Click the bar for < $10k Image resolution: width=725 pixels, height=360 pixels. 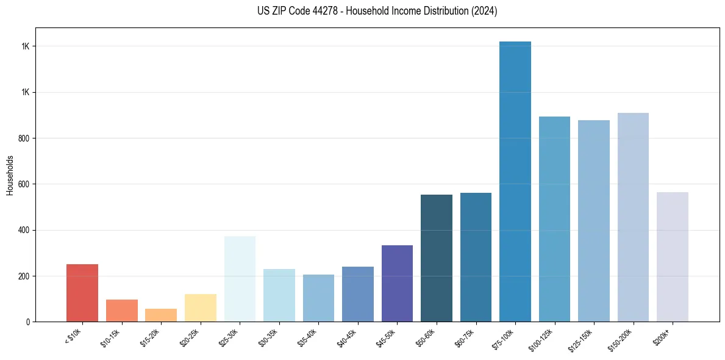coord(82,293)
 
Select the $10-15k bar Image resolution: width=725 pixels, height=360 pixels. coord(121,311)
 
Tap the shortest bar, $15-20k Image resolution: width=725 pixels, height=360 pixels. coord(161,315)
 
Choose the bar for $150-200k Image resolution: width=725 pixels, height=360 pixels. coord(633,217)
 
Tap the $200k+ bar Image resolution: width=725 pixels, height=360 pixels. coord(673,257)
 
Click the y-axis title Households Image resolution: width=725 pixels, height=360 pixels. coord(10,175)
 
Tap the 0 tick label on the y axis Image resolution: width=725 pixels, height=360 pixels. coord(29,322)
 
